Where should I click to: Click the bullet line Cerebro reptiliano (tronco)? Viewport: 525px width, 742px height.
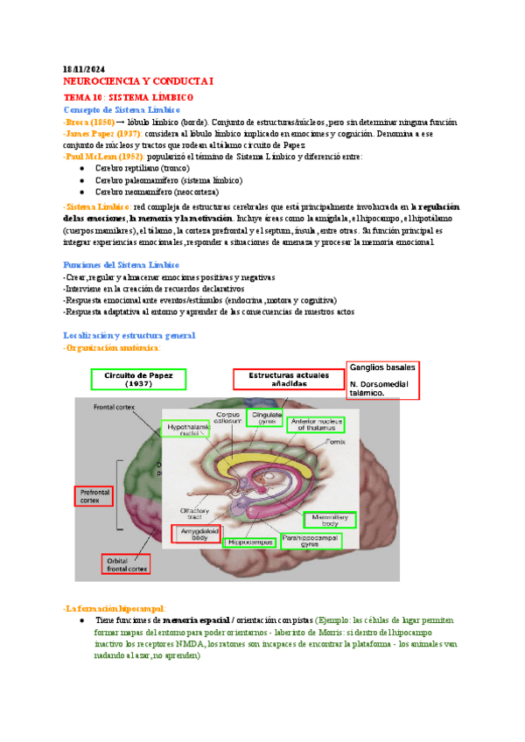[x=145, y=168]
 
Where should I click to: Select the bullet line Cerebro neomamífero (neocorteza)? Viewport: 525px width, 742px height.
[x=157, y=191]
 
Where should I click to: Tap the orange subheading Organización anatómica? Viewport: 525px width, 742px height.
[x=115, y=347]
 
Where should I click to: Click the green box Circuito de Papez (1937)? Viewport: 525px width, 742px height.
[x=139, y=379]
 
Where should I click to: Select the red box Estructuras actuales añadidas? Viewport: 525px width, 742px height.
[x=288, y=379]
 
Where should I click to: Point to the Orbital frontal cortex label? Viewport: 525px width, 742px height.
[x=126, y=564]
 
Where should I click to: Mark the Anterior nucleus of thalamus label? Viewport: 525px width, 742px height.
[x=316, y=424]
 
